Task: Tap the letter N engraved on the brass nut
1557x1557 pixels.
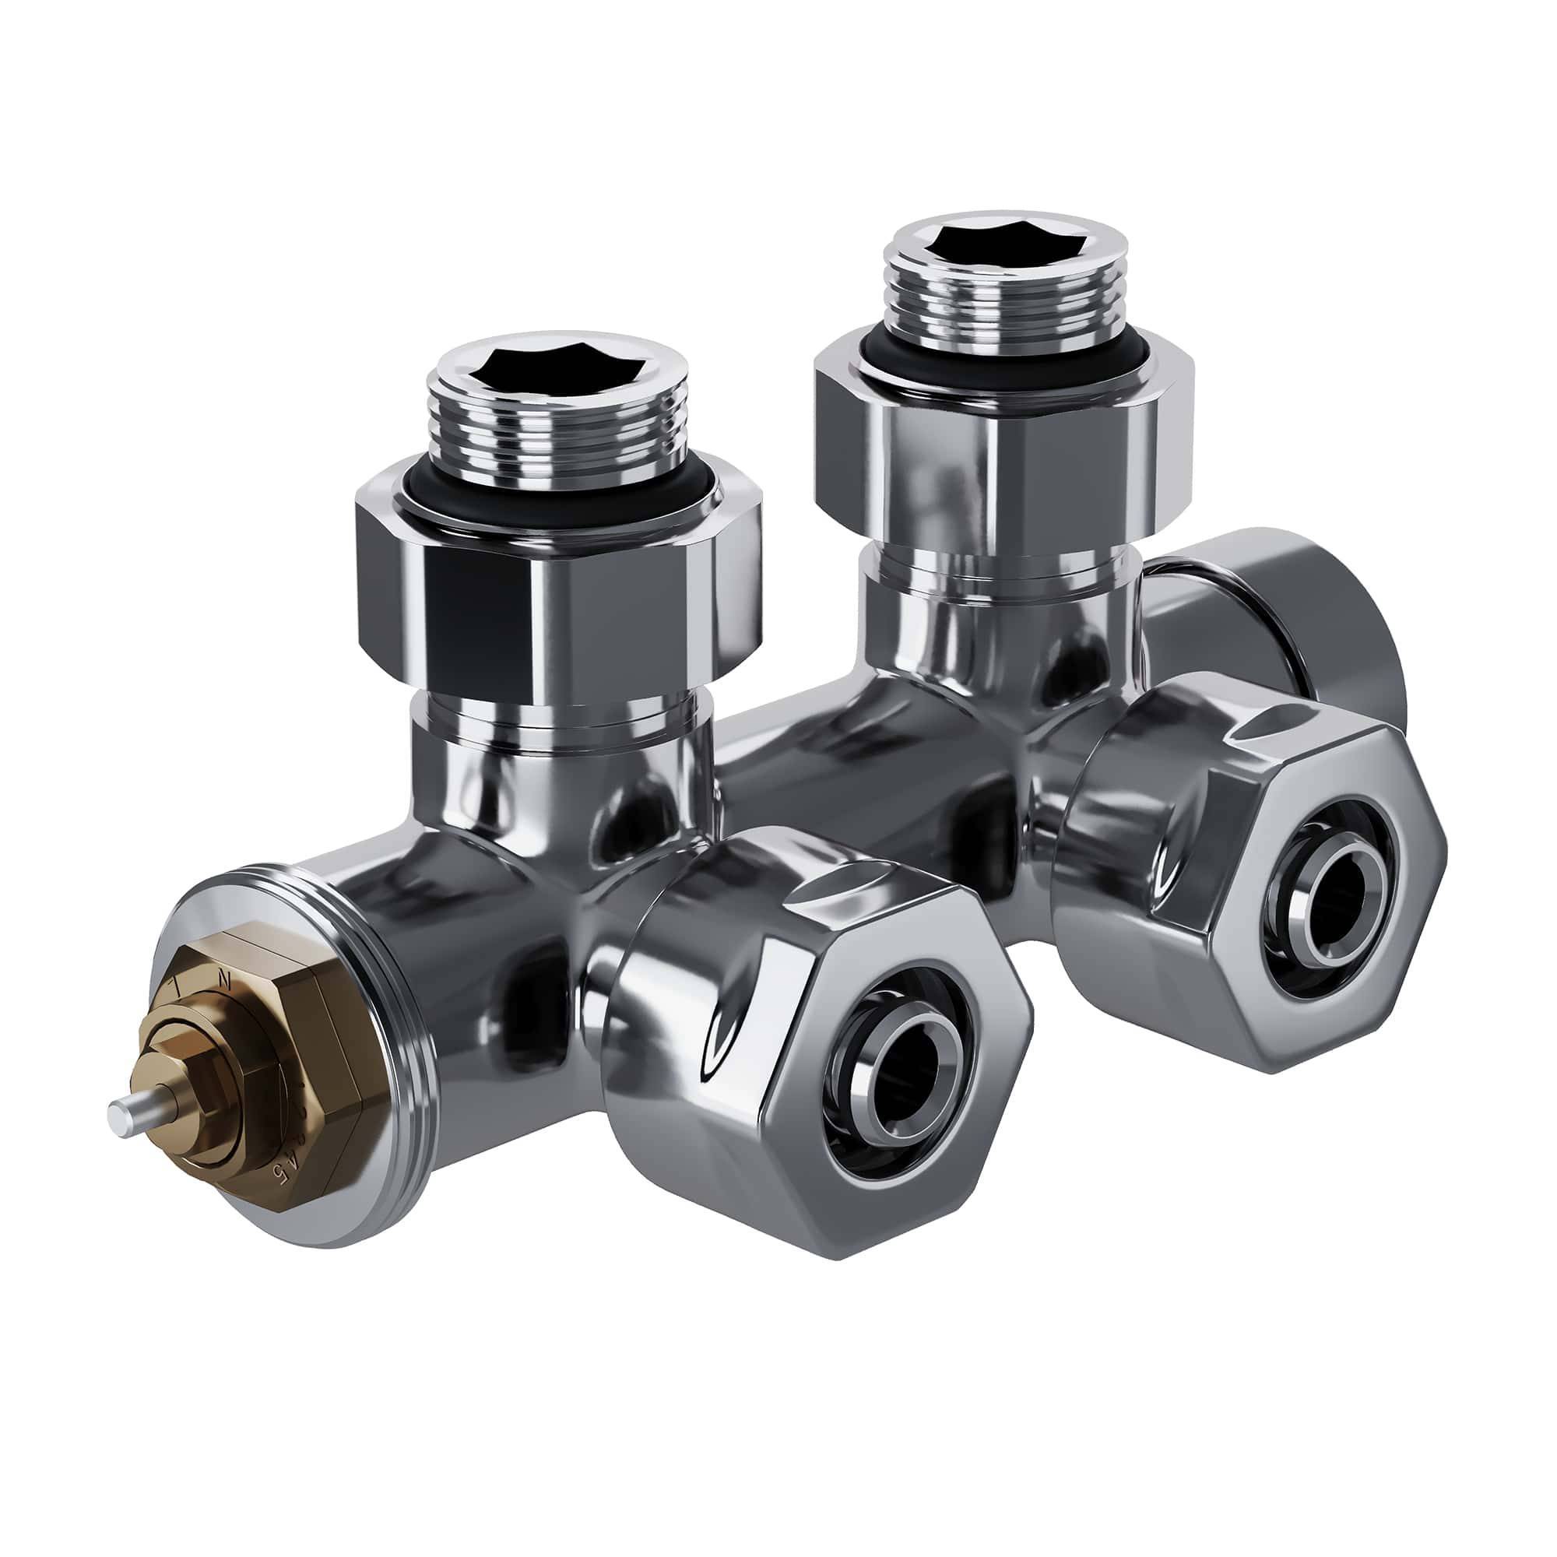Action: [x=225, y=980]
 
